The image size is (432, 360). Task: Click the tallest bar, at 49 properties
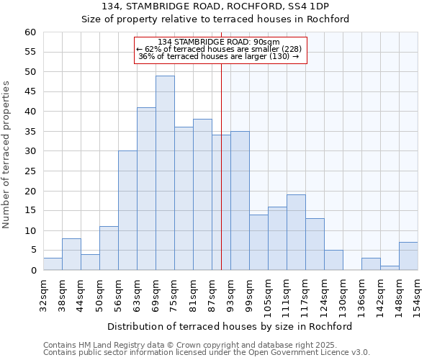point(165,173)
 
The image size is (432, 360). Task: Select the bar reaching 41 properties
point(146,189)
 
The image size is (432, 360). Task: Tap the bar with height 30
point(127,210)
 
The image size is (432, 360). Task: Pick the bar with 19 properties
point(296,233)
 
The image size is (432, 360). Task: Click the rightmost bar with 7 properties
point(408,256)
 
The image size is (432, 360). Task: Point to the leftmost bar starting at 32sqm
point(53,264)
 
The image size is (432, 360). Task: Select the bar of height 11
point(109,248)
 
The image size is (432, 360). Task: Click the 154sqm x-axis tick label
point(418,297)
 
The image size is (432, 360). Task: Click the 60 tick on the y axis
point(30,32)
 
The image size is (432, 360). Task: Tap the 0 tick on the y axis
point(32,271)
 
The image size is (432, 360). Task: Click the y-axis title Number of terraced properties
point(7,154)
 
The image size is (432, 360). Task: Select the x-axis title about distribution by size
point(230,326)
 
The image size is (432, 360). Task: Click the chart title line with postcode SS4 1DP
point(215,6)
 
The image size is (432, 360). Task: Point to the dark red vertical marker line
point(221,180)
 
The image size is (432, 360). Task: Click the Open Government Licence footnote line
point(207,353)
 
